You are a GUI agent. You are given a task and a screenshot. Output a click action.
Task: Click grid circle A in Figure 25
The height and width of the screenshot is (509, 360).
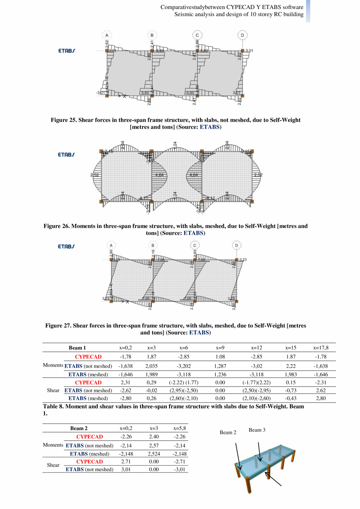coord(106,35)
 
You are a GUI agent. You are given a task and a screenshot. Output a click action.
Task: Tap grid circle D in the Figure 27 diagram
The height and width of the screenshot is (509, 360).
coord(237,245)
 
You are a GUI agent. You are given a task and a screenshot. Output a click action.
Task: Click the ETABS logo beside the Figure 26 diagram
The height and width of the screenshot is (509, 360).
coord(67,155)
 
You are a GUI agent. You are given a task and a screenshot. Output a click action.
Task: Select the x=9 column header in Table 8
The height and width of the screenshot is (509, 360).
coord(220,348)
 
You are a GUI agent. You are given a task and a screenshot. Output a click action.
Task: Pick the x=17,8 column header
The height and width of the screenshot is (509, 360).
coord(321,348)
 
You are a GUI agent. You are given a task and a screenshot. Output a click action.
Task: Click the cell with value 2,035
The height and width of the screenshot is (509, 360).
coord(151,366)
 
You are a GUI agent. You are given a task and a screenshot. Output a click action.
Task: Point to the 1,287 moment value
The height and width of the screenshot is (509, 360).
coord(220,366)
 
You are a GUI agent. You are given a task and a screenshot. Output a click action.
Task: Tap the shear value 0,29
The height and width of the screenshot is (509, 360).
coord(151,383)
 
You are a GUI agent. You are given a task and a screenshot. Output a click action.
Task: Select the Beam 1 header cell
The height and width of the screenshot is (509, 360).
coord(77,348)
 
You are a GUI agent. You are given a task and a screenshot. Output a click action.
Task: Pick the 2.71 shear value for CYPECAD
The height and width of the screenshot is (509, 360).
coord(125,462)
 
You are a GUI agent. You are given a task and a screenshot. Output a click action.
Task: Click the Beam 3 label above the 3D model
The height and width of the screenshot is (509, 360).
coord(257,430)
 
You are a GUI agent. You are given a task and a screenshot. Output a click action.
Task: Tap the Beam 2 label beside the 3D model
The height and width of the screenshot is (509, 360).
coord(228,433)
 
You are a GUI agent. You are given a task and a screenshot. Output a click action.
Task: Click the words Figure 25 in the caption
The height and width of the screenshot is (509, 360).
coord(64,120)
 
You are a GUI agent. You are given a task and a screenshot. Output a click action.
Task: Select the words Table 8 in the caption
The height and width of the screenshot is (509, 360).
coord(54,407)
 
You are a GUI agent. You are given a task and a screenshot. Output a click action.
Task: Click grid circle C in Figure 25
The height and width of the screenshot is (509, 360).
coord(197,35)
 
